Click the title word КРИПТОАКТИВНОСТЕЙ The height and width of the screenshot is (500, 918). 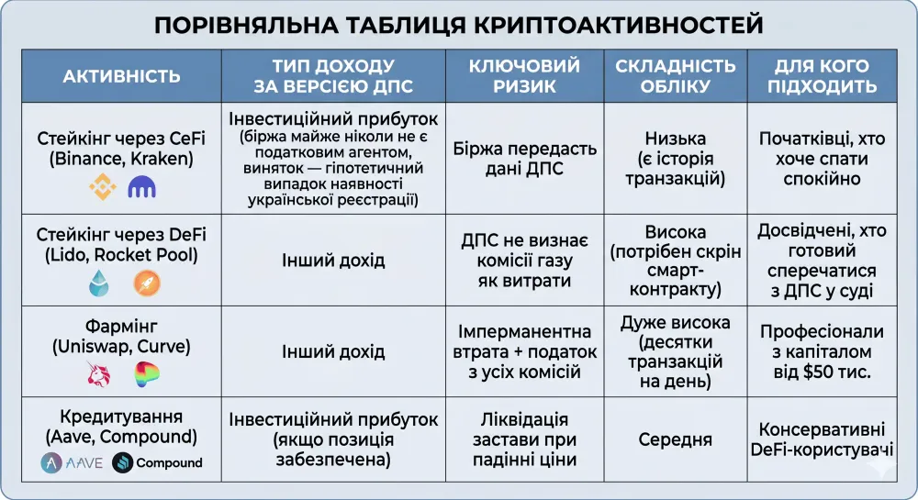(x=620, y=25)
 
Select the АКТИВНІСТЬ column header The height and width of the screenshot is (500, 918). (x=121, y=76)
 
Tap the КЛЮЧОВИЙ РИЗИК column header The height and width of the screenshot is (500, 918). (x=524, y=76)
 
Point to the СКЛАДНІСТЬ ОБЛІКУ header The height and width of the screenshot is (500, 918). (x=675, y=76)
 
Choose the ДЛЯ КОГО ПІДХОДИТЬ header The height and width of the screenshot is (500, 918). (x=825, y=76)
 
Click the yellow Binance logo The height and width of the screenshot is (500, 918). (x=102, y=188)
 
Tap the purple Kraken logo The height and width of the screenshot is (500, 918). (x=142, y=188)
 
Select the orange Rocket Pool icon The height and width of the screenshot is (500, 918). (x=146, y=283)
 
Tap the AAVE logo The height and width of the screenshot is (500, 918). (x=72, y=462)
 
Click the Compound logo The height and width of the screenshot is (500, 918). (x=157, y=462)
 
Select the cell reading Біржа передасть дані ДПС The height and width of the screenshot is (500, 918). (x=524, y=158)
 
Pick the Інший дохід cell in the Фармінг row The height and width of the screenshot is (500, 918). (x=333, y=351)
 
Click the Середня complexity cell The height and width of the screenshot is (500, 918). (x=675, y=440)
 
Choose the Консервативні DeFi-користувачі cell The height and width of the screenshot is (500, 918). (x=825, y=439)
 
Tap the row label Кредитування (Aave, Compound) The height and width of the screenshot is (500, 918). (x=121, y=426)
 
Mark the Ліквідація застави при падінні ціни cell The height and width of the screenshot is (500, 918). (x=524, y=439)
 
